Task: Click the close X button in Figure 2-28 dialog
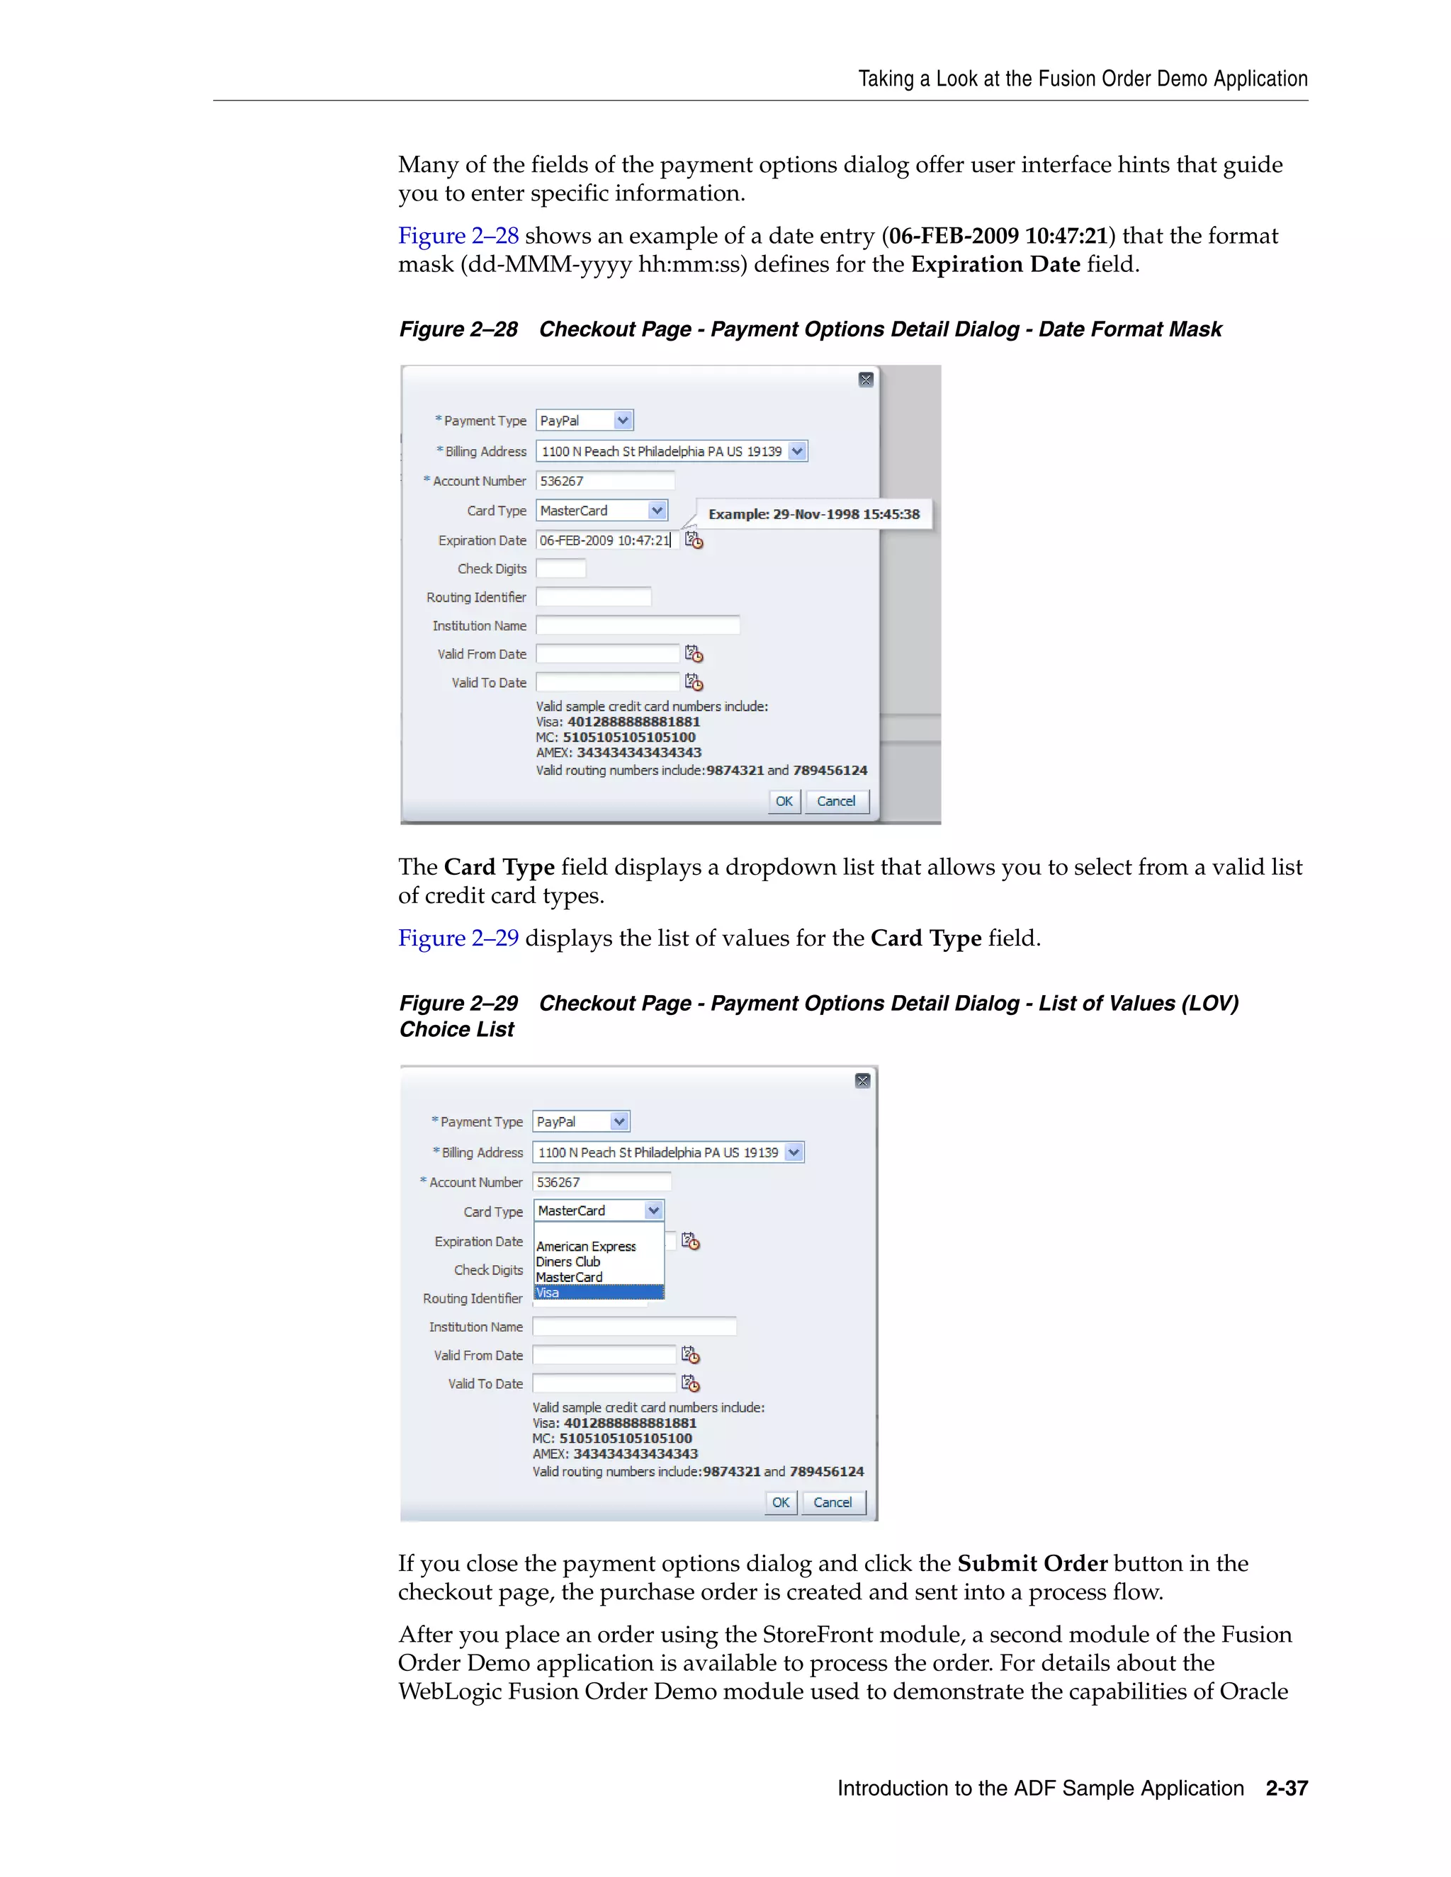click(x=866, y=380)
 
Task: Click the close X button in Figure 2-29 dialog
click(x=862, y=1080)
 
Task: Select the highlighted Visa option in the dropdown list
click(x=598, y=1293)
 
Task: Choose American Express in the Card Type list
click(x=586, y=1246)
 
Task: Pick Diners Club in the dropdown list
click(x=568, y=1261)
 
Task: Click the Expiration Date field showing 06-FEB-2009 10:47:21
click(x=606, y=540)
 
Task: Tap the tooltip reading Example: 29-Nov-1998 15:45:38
click(x=813, y=514)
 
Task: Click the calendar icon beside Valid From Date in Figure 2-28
click(x=694, y=655)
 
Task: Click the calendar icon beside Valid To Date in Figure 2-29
click(x=690, y=1384)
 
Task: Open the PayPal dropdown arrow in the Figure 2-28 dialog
click(x=623, y=420)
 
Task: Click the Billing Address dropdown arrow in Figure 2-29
click(x=794, y=1152)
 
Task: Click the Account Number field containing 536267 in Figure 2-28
click(x=605, y=481)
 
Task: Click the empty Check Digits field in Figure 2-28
click(x=560, y=569)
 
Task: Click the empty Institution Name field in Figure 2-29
click(x=634, y=1327)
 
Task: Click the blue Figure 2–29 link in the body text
click(x=458, y=938)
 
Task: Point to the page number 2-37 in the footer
click(x=1286, y=1788)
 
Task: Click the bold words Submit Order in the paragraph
click(x=1032, y=1563)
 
